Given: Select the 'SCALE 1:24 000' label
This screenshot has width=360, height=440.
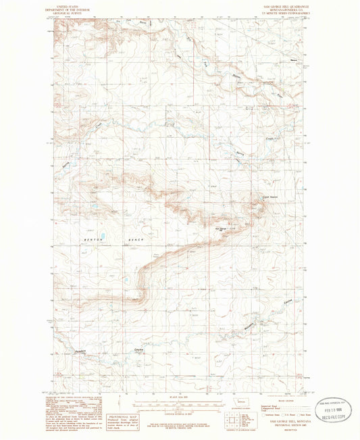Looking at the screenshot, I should click(179, 398).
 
